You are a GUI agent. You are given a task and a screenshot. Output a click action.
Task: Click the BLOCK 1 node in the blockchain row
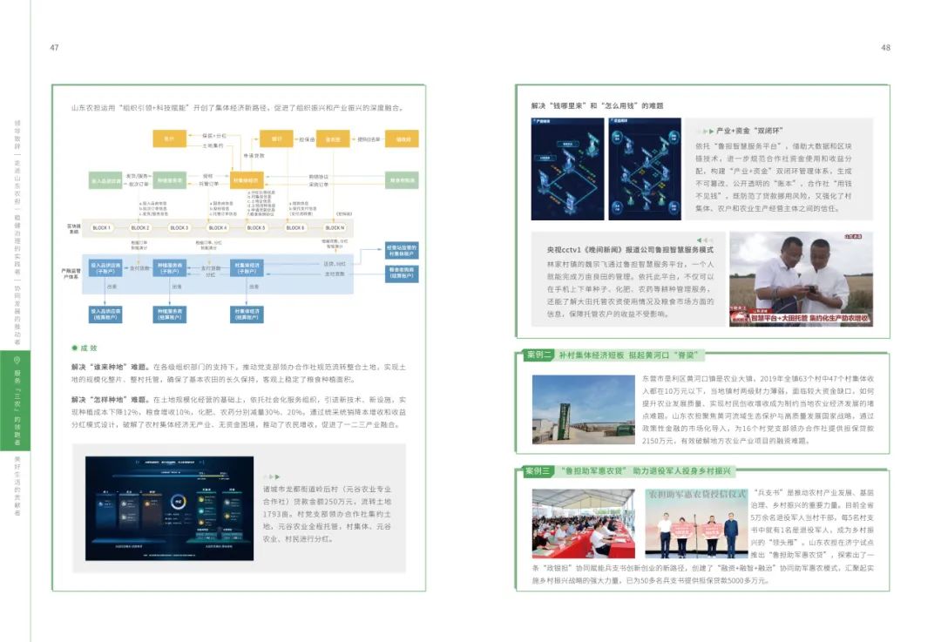tap(102, 227)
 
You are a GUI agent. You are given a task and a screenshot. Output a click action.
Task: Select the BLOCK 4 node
tap(217, 227)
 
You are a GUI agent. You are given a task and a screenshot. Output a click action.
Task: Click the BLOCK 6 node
tap(294, 227)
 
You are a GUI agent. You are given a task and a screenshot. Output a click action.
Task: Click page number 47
tap(54, 48)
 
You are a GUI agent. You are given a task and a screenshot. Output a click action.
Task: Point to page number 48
tap(886, 48)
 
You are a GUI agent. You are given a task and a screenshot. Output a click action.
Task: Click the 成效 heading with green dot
tap(87, 348)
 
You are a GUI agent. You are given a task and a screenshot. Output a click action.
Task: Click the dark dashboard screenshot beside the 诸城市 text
tap(169, 508)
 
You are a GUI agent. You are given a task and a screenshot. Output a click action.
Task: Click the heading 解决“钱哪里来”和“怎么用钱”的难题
tap(597, 105)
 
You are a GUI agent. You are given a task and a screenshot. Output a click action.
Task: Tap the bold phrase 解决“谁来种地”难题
tap(111, 368)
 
